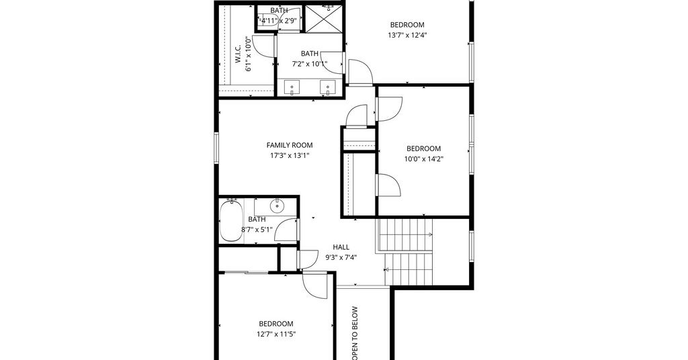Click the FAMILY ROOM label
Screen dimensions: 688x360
pos(290,145)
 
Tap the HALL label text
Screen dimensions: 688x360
pos(341,247)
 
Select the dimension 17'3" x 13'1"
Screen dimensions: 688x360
pos(290,155)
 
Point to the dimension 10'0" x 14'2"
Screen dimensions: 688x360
pos(424,159)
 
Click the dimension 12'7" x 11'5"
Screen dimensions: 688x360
pos(276,334)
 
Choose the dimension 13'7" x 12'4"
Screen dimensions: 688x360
pos(407,35)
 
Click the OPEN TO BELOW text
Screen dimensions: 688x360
pos(355,333)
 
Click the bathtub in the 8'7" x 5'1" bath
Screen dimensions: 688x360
pos(231,220)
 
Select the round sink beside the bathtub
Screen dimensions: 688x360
pos(277,205)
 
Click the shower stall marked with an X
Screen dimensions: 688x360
pos(324,18)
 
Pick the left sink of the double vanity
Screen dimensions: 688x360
pos(292,87)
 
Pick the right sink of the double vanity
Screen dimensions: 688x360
pos(328,87)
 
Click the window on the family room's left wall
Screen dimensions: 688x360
pos(216,148)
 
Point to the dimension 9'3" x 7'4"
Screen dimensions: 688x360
pos(341,257)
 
